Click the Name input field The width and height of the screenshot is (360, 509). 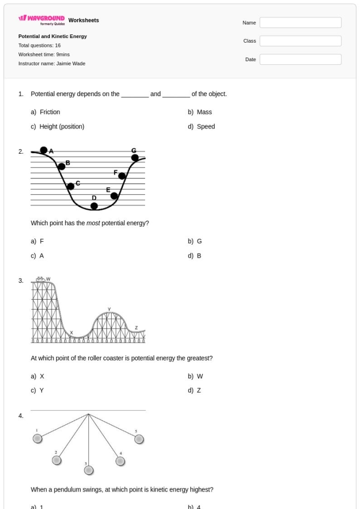300,23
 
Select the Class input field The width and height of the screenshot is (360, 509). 300,41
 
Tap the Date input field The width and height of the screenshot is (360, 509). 300,60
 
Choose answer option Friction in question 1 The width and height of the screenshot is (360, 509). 49,112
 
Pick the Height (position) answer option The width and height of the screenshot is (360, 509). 62,126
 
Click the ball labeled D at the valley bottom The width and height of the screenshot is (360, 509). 94,206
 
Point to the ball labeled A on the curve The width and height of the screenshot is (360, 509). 44,150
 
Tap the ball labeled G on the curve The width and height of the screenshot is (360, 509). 135,157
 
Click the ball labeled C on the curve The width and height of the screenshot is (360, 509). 71,186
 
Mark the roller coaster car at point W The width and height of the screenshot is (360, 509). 41,280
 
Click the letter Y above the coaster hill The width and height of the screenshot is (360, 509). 109,309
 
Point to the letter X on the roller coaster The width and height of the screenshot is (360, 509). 71,332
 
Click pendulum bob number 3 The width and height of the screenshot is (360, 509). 89,470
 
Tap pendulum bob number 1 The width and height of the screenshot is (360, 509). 38,438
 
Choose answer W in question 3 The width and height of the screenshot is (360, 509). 200,376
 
